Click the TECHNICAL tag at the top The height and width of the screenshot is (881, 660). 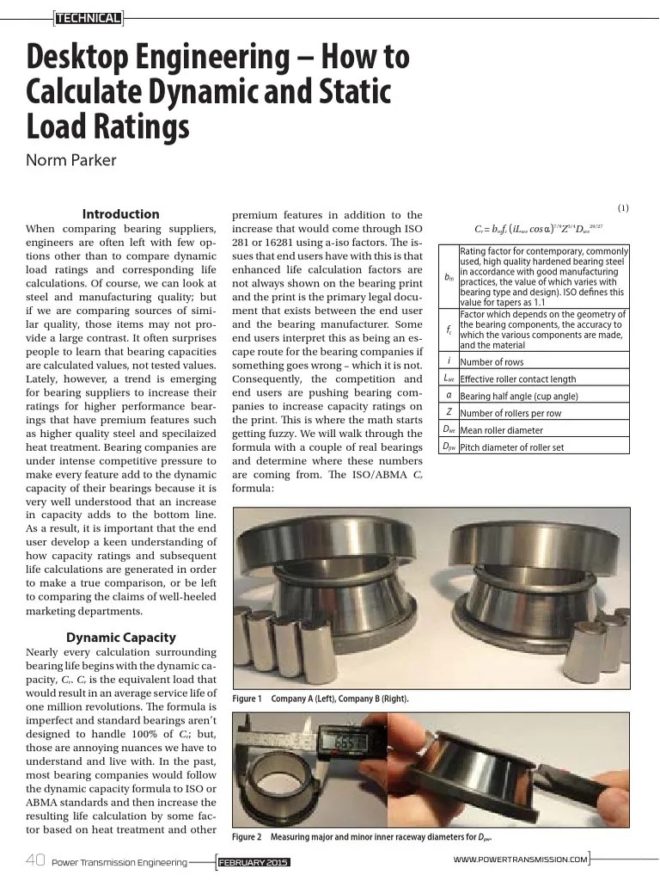(88, 15)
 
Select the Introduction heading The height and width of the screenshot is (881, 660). (120, 214)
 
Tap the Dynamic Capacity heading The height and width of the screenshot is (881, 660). (120, 638)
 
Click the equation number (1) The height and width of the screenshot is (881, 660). (623, 208)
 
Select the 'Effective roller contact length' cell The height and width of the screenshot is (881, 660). (518, 379)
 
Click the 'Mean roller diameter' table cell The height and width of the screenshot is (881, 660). (501, 430)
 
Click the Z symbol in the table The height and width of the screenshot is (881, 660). (449, 413)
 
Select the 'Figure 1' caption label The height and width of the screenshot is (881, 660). (247, 699)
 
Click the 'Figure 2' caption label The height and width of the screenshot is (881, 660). (247, 837)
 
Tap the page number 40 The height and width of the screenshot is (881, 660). (35, 860)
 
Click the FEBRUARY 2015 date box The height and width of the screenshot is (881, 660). (254, 862)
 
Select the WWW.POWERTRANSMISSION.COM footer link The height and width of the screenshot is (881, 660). (520, 859)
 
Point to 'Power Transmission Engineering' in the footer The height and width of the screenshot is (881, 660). (119, 862)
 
